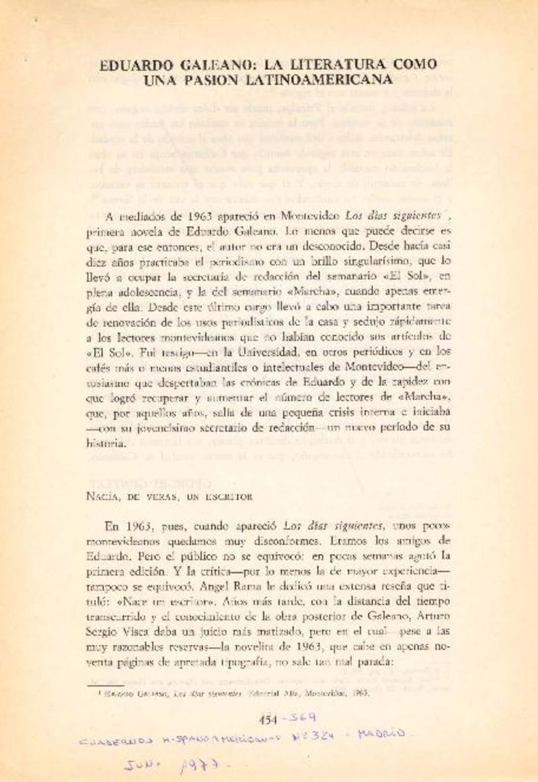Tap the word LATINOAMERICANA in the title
(x=324, y=79)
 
